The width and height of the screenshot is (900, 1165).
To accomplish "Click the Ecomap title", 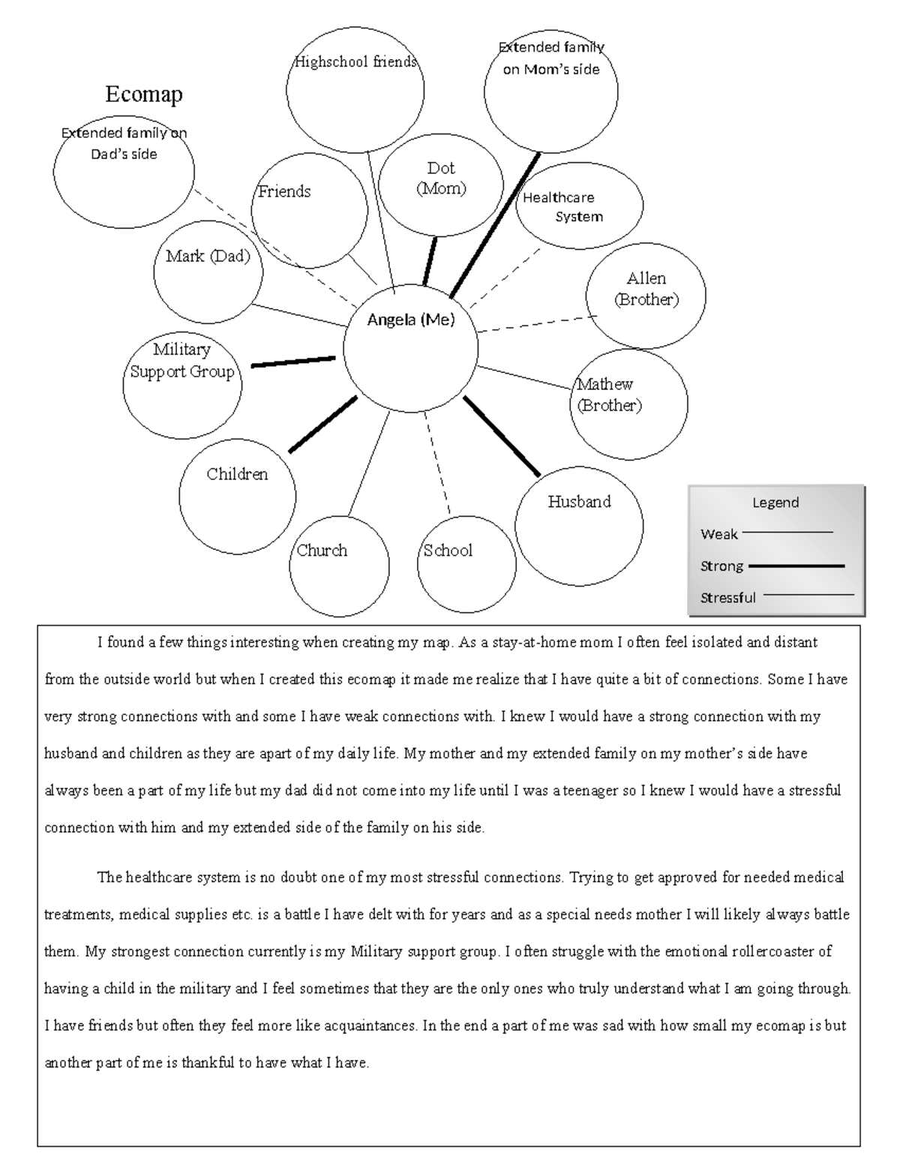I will pyautogui.click(x=144, y=95).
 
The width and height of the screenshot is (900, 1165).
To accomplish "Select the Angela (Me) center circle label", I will pyautogui.click(x=411, y=320).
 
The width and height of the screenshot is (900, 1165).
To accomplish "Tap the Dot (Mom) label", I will pyautogui.click(x=441, y=179).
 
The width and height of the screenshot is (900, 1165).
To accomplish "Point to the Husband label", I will pyautogui.click(x=579, y=502).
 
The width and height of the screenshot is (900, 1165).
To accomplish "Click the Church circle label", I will pyautogui.click(x=322, y=551).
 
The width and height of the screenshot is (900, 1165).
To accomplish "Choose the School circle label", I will pyautogui.click(x=448, y=551).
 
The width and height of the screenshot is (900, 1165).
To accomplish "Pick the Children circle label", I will pyautogui.click(x=237, y=474).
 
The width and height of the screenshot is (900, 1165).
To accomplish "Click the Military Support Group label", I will pyautogui.click(x=181, y=361).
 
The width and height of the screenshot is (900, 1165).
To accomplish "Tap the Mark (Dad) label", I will pyautogui.click(x=208, y=257).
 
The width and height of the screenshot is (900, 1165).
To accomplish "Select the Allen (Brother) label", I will pyautogui.click(x=646, y=289).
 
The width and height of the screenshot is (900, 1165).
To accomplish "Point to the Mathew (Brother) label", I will pyautogui.click(x=608, y=395).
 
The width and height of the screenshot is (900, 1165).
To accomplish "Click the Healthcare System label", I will pyautogui.click(x=560, y=207).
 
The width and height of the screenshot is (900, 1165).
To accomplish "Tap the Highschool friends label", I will pyautogui.click(x=355, y=62).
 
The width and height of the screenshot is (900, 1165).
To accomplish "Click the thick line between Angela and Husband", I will pyautogui.click(x=501, y=436).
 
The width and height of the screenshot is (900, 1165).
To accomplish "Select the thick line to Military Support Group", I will pyautogui.click(x=292, y=362).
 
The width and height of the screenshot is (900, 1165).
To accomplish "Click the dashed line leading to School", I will pyautogui.click(x=438, y=466).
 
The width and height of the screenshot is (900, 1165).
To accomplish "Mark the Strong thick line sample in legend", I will pyautogui.click(x=796, y=566).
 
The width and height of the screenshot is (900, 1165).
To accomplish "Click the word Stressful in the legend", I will pyautogui.click(x=727, y=598).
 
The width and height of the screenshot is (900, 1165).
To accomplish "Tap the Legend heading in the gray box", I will pyautogui.click(x=775, y=503).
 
